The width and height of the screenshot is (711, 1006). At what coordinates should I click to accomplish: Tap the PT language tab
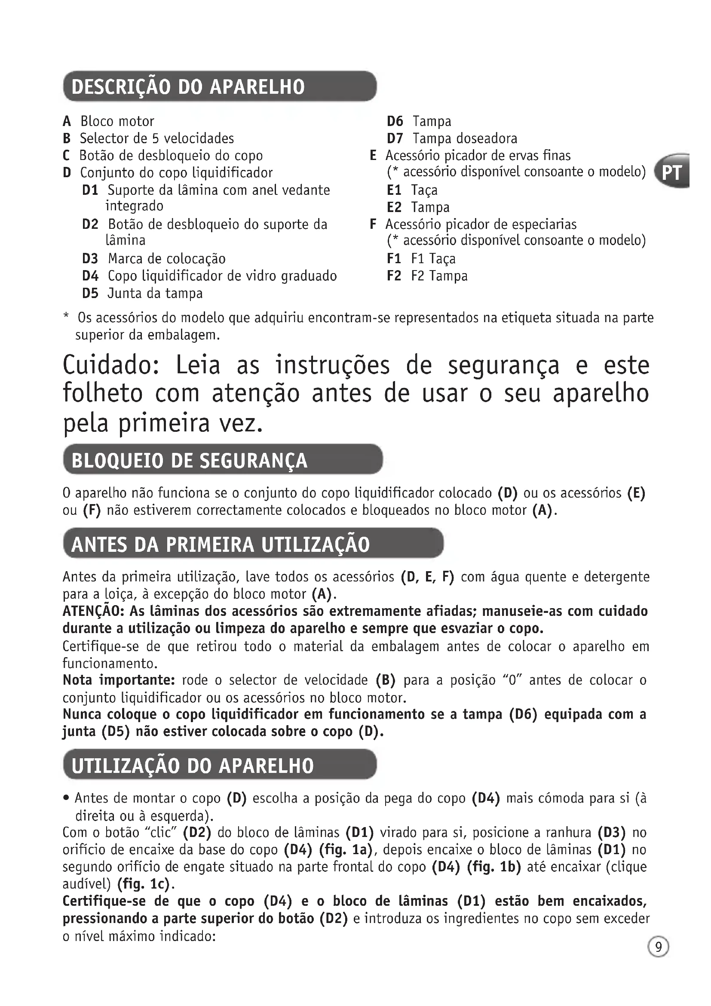672,172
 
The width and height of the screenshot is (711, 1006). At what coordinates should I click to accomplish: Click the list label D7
395,138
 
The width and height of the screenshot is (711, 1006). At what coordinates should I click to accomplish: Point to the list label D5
90,293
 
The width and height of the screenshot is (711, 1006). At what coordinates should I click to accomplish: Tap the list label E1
394,190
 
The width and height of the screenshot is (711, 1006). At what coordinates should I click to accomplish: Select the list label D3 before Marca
90,258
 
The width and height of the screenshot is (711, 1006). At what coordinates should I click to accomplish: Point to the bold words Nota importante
119,680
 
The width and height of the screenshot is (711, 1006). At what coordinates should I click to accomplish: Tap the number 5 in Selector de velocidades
156,138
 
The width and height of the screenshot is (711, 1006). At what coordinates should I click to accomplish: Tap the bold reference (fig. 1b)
494,867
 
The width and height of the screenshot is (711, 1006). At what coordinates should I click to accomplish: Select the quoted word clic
160,832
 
